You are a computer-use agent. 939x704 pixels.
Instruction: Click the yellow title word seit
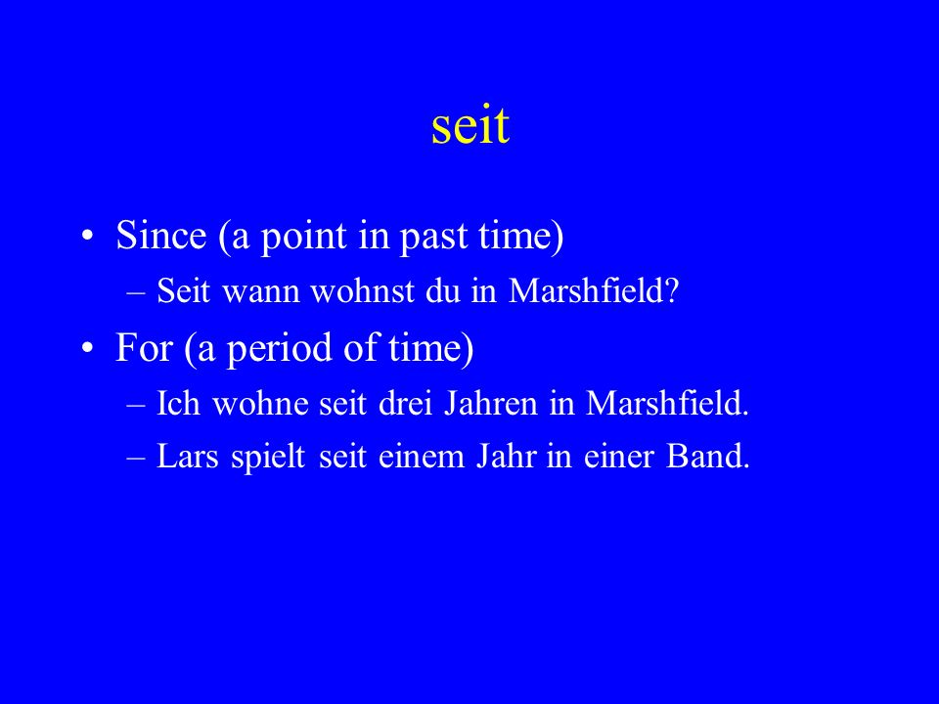(470, 126)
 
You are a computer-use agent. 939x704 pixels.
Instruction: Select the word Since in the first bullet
(161, 235)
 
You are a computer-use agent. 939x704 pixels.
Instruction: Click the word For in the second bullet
(144, 347)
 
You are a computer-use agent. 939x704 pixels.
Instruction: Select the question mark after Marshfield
(671, 291)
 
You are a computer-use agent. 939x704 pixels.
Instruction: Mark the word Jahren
(491, 403)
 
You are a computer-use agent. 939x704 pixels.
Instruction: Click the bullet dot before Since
(87, 236)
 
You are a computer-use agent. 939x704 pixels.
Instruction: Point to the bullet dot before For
(87, 348)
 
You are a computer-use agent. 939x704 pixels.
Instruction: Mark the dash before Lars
(136, 459)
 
